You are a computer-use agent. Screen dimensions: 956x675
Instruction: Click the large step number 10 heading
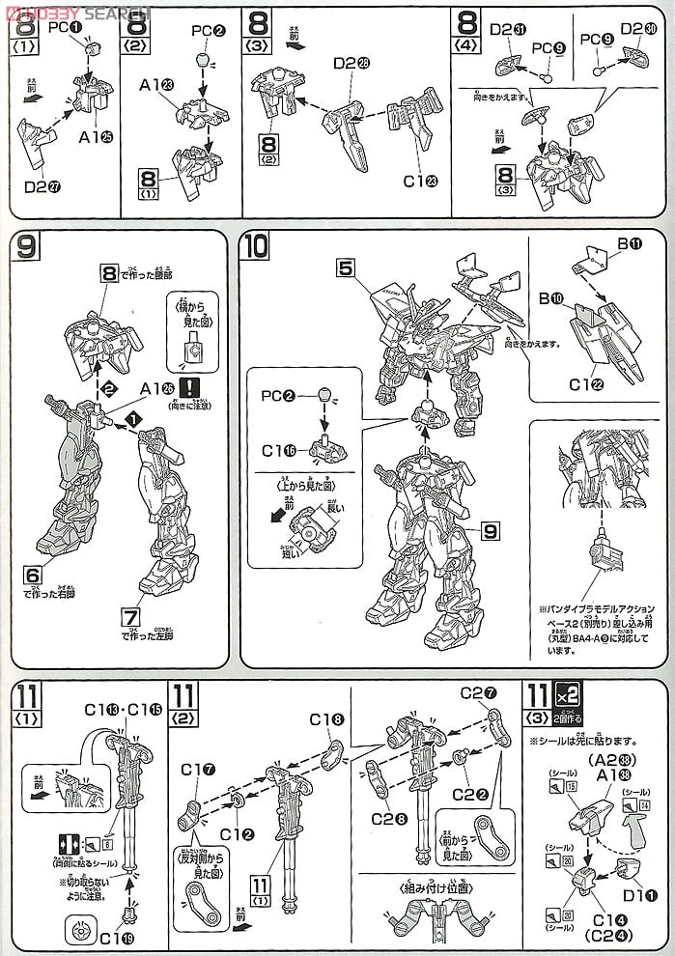[x=257, y=247]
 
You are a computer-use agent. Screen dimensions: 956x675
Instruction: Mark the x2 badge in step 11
[x=565, y=693]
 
